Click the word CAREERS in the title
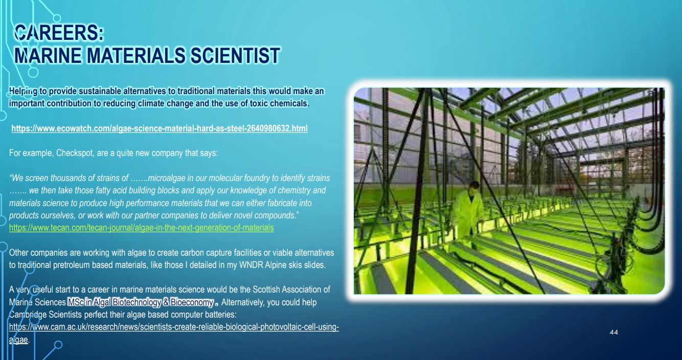pos(56,33)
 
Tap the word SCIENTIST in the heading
pos(235,55)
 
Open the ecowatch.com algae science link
pos(160,128)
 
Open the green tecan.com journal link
pos(141,228)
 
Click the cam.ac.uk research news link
pos(174,332)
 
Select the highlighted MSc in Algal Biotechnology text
pos(141,302)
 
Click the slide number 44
pos(614,332)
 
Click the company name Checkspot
pos(74,152)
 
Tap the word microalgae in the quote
pos(166,178)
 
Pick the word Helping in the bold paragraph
pos(23,92)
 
